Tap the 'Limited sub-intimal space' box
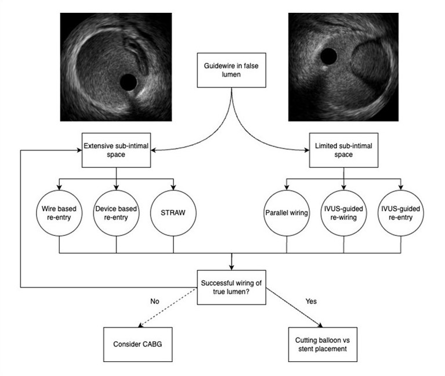(x=344, y=149)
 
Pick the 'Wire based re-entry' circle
(x=60, y=212)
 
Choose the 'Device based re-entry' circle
(x=116, y=212)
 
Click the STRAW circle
(x=173, y=212)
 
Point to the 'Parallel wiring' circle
(x=287, y=212)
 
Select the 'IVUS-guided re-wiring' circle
(x=344, y=212)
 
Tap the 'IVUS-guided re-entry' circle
(x=400, y=212)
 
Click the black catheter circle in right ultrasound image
(x=329, y=56)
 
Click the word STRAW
(x=173, y=212)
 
